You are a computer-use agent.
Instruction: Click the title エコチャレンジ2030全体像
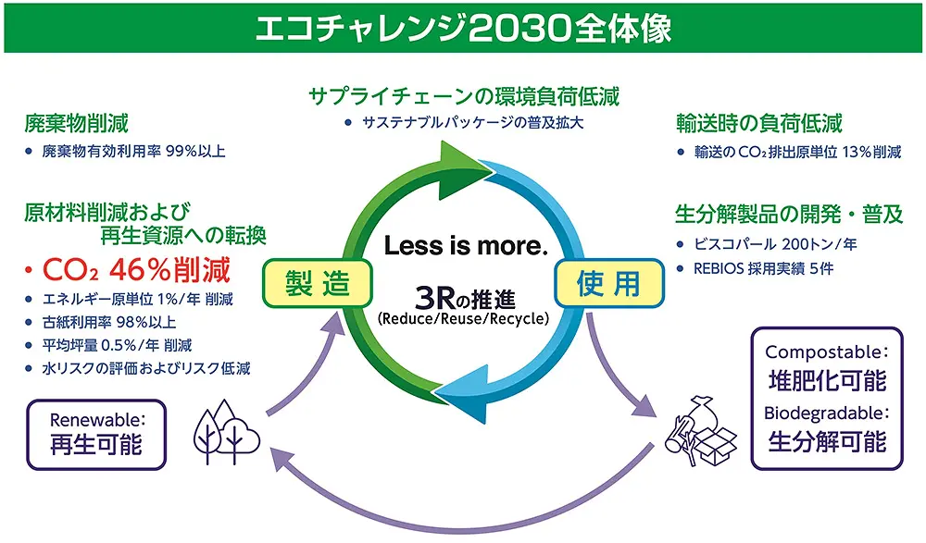coord(464,29)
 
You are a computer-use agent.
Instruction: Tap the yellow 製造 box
coord(317,283)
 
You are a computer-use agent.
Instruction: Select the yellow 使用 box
coord(609,283)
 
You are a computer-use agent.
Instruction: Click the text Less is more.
coord(466,245)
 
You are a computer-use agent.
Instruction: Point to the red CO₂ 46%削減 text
coord(136,270)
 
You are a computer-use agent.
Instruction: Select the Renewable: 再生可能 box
coord(96,435)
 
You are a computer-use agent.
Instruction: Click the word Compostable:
coord(827,352)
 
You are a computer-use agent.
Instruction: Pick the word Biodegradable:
coord(827,413)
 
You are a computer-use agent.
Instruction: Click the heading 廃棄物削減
coord(76,123)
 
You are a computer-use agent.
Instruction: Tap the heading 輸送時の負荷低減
coord(759,123)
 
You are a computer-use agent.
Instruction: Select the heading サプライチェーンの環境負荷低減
coord(464,96)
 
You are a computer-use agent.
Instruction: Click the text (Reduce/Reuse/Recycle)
coord(464,319)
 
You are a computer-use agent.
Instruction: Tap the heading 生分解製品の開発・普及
coord(789,214)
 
